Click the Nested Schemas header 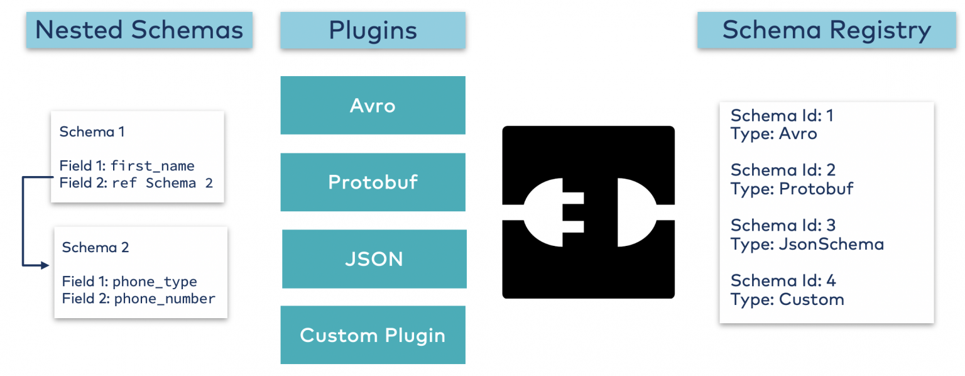pos(139,30)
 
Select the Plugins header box pos(373,30)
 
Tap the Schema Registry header pos(826,30)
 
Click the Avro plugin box pos(373,105)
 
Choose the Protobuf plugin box pos(373,182)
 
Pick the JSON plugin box pos(374,259)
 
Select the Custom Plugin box pos(373,335)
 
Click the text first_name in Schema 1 pos(153,166)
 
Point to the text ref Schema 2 pos(163,183)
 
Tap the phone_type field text pos(155,282)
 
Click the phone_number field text pos(165,299)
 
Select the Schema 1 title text pos(92,131)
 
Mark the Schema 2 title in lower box pos(95,247)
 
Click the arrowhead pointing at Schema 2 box pos(44,265)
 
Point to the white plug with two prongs pos(553,212)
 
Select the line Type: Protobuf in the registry pos(792,189)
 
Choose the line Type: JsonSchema pos(807,244)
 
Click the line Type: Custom pos(787,299)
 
